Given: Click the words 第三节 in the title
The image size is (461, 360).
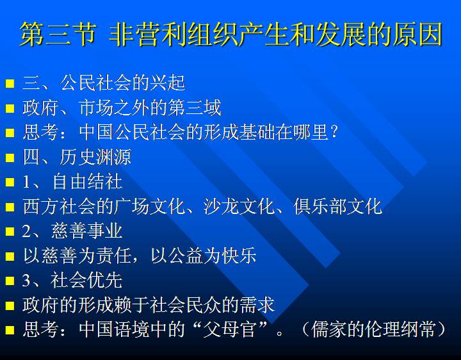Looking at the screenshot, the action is tap(58, 34).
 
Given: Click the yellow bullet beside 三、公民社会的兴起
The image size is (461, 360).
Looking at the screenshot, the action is tap(10, 83).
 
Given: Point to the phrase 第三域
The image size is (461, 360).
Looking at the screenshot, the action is tap(195, 108).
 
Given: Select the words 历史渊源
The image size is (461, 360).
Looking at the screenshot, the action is tap(95, 157).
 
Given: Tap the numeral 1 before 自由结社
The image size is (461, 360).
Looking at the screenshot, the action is tap(26, 182).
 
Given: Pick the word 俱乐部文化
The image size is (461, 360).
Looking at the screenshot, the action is tap(338, 206).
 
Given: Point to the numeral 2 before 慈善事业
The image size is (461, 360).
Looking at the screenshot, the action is tap(26, 231).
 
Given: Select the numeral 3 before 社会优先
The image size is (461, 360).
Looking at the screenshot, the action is tap(26, 280).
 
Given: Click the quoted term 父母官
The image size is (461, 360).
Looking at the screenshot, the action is tap(229, 329).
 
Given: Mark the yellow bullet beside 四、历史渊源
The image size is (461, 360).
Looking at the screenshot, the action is tap(10, 158).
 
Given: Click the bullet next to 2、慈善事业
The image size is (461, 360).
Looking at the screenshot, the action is tap(10, 231).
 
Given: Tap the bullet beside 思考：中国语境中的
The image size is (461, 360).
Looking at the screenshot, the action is tap(10, 330).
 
